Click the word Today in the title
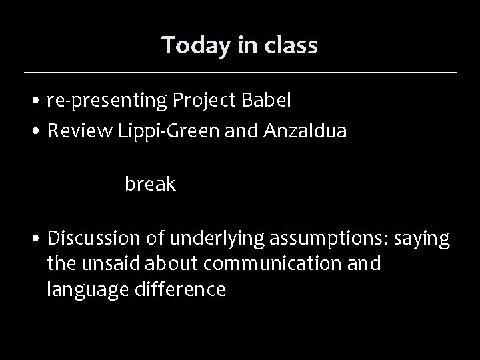click(x=189, y=45)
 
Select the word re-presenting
click(x=107, y=101)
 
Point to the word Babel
click(x=267, y=101)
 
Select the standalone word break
click(x=150, y=185)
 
